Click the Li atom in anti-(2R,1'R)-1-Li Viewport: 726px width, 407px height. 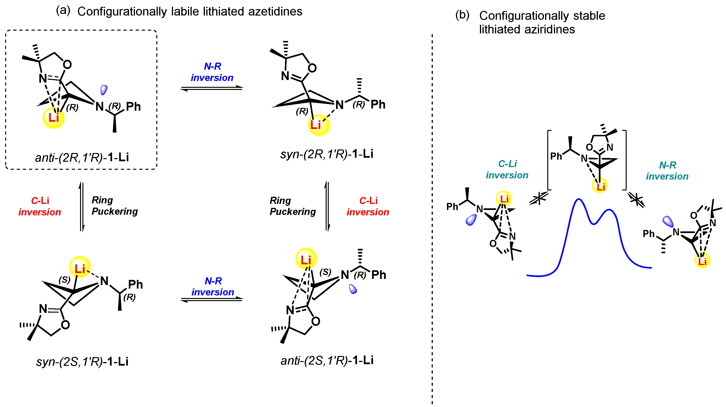[53, 118]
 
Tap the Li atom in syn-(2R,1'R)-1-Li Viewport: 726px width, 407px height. [319, 125]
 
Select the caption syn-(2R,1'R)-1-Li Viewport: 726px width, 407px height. [327, 154]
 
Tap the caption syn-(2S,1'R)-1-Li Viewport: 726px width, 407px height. [82, 361]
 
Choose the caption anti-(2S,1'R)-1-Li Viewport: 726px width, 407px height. [327, 360]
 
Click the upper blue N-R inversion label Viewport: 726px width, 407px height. [212, 72]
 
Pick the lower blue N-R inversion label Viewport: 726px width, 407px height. [213, 286]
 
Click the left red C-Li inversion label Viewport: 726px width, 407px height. [40, 206]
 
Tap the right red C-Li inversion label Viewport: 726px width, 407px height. [368, 206]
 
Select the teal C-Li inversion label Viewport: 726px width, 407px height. [507, 169]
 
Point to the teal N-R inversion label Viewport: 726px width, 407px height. [667, 170]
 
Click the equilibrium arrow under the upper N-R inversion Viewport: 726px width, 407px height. [212, 88]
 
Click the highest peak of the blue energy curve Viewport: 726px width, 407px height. [578, 199]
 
